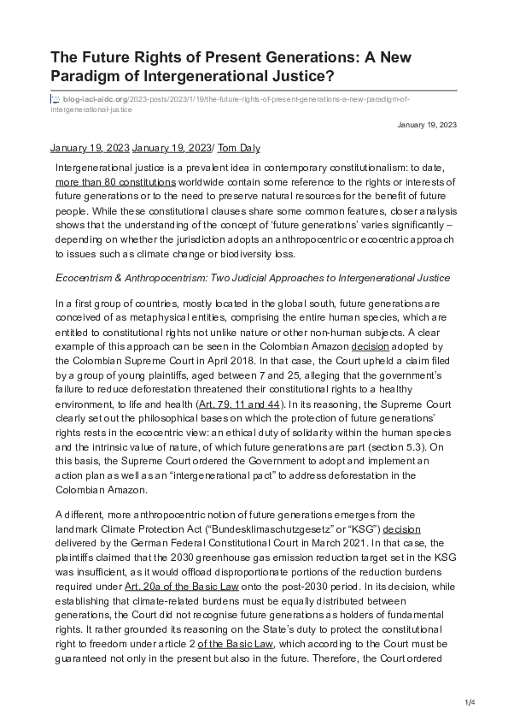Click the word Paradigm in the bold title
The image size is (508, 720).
coord(88,77)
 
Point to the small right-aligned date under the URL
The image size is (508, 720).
coord(427,125)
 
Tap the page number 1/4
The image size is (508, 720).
coord(469,702)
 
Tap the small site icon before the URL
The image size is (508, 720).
coord(56,99)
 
